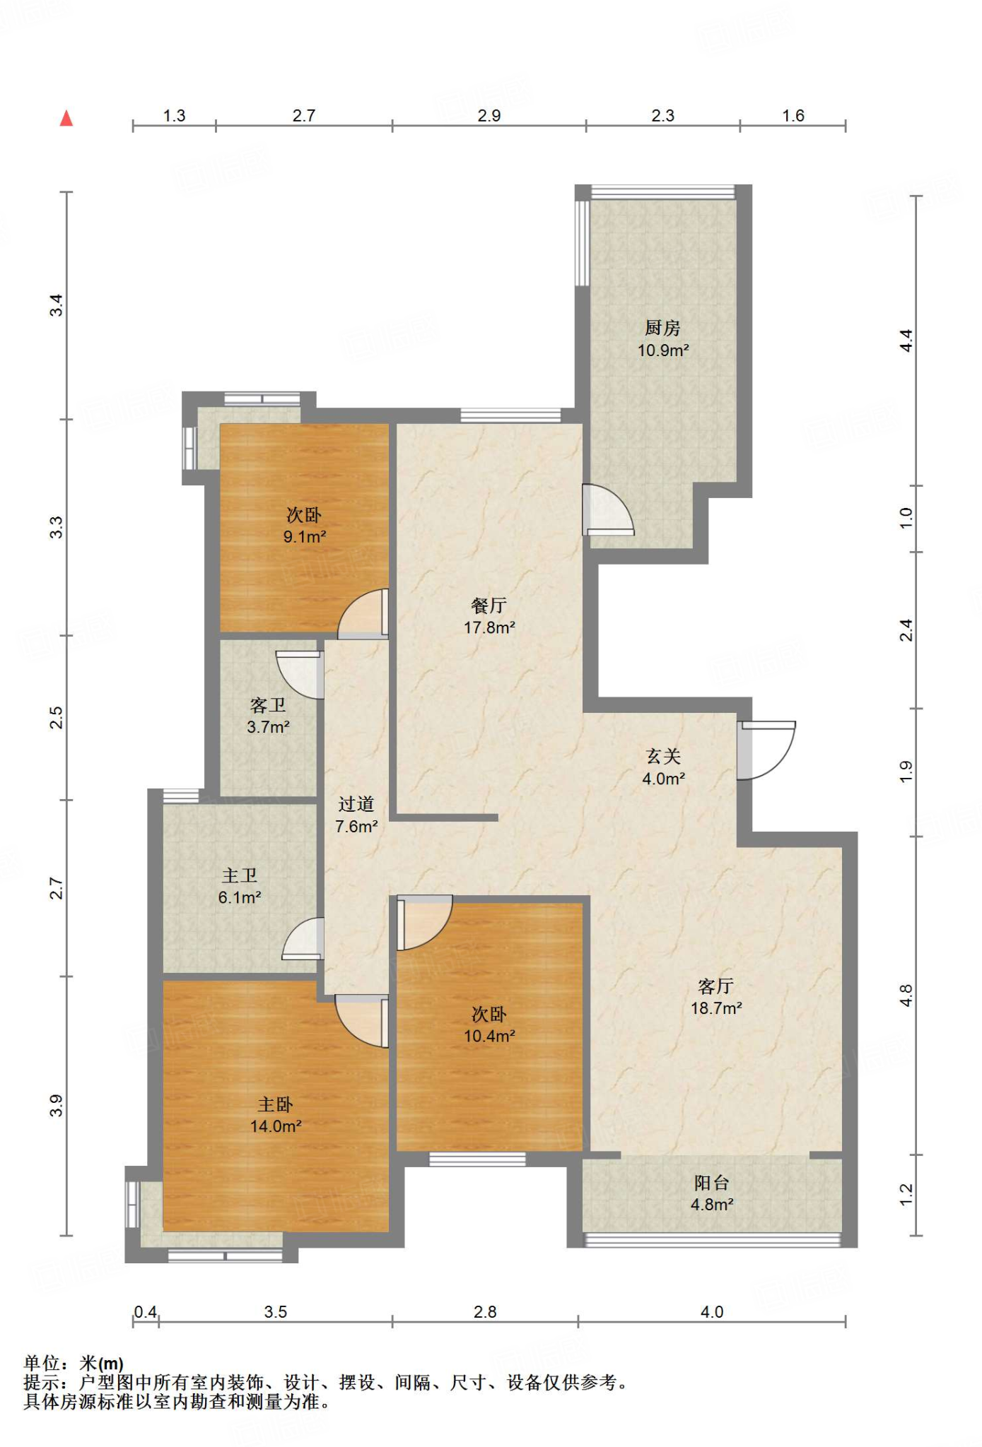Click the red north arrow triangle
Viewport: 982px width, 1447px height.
click(x=66, y=118)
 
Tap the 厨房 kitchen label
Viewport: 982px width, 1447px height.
click(x=662, y=328)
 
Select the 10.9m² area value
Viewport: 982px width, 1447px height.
click(x=663, y=350)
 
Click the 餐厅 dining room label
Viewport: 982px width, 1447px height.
click(x=489, y=606)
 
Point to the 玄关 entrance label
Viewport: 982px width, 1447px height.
click(x=663, y=757)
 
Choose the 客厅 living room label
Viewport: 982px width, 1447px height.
click(x=715, y=986)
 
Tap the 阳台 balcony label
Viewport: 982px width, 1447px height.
click(x=711, y=1183)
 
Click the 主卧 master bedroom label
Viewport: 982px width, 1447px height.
click(x=275, y=1104)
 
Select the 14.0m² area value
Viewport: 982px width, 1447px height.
click(x=276, y=1126)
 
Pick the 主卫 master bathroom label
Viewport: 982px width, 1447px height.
click(x=240, y=875)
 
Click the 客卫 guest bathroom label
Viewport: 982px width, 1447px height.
click(x=268, y=705)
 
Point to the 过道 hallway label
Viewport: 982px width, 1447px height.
click(x=356, y=804)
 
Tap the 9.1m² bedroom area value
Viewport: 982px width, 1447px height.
click(x=305, y=536)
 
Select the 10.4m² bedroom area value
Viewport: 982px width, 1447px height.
click(x=489, y=1036)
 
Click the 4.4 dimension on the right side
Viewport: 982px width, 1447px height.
click(x=906, y=341)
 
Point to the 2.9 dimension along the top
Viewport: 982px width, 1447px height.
click(x=489, y=116)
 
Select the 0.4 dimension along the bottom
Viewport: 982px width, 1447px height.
click(x=146, y=1312)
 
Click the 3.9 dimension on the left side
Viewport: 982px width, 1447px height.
click(x=56, y=1106)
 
